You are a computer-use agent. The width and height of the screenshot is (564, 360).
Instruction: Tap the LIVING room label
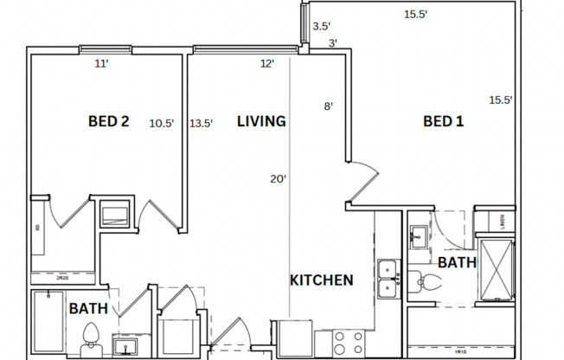pos(261,122)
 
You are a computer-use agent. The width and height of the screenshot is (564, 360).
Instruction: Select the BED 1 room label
pos(443,122)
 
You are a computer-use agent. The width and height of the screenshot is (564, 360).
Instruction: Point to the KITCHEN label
pos(321,280)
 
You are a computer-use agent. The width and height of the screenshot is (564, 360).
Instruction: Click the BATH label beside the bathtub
pos(87,308)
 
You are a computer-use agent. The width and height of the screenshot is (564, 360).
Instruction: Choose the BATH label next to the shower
pos(457,262)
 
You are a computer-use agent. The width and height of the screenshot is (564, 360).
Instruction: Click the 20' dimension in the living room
pos(278,179)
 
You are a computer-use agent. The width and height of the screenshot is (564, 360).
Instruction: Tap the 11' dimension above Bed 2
pos(102,63)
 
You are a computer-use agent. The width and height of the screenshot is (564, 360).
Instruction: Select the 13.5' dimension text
pos(201,123)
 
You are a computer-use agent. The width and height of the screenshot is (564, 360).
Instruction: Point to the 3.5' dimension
pos(322,26)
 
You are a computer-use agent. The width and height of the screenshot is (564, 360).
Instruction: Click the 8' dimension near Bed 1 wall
pos(328,106)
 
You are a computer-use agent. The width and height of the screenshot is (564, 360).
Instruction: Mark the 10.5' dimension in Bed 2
pos(161,123)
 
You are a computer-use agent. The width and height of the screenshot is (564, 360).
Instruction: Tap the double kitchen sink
pos(388,279)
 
